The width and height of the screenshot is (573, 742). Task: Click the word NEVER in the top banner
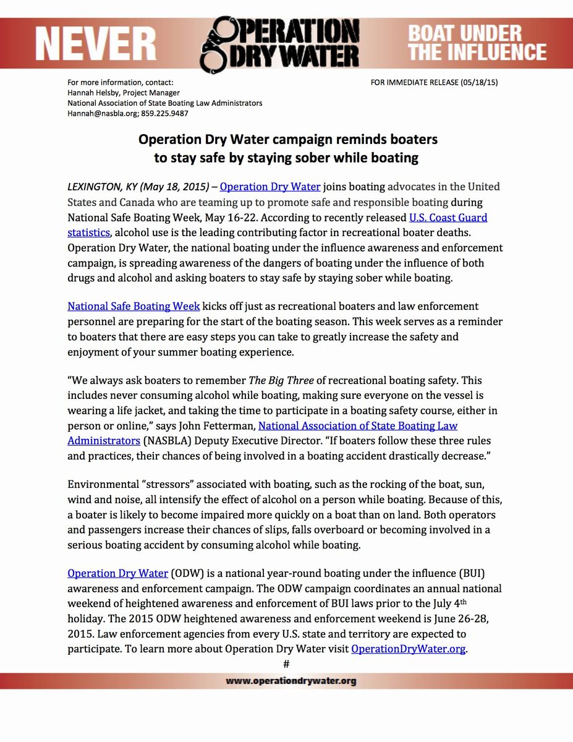click(x=95, y=45)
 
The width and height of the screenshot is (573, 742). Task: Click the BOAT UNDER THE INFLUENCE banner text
click(x=477, y=43)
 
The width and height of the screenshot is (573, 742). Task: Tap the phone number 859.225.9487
click(x=166, y=114)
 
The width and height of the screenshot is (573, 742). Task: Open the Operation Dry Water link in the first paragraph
click(x=270, y=187)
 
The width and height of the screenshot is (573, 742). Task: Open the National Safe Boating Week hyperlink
click(x=134, y=306)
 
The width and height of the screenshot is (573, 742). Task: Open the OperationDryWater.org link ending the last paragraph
click(x=408, y=649)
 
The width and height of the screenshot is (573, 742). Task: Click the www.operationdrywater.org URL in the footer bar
click(x=291, y=681)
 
